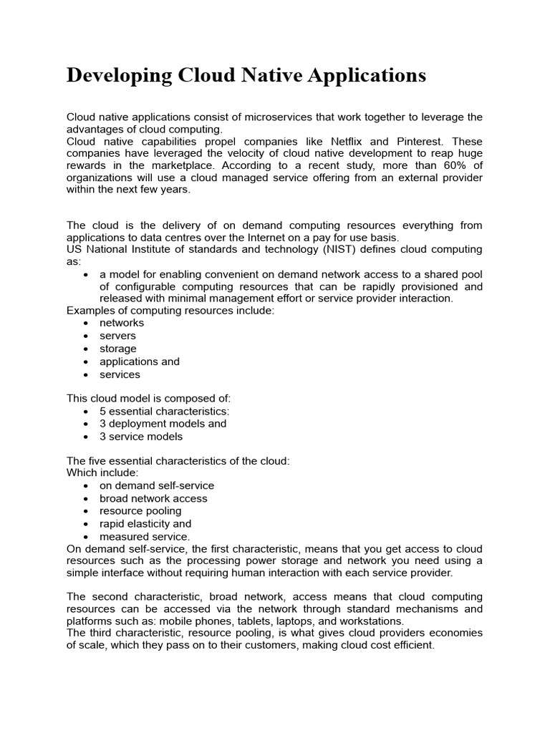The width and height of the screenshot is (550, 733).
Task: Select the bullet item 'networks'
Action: point(122,323)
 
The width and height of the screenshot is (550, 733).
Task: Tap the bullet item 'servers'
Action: point(117,336)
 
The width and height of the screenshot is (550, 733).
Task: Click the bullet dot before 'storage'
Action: point(86,349)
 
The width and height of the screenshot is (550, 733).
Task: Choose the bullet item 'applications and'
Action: point(140,361)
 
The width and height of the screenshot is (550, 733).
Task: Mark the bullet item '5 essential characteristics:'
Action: point(165,411)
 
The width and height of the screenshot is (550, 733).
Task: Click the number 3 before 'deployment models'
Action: point(103,423)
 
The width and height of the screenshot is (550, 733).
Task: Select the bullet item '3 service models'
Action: point(141,436)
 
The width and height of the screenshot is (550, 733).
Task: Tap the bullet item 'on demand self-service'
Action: point(157,485)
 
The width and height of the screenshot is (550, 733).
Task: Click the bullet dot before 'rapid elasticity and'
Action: point(86,525)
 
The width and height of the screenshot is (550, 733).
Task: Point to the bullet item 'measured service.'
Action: point(145,536)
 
